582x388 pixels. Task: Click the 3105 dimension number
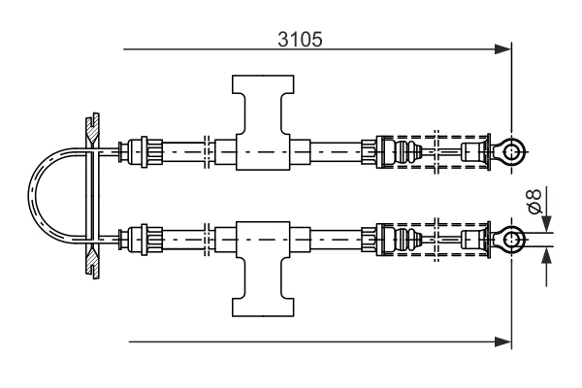click(x=301, y=40)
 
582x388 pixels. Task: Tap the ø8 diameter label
click(x=534, y=201)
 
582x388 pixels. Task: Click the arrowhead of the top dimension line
click(x=502, y=49)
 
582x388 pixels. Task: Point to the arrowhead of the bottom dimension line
click(x=502, y=342)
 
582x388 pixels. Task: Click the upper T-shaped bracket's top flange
click(x=263, y=84)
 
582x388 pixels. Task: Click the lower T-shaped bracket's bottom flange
click(x=263, y=307)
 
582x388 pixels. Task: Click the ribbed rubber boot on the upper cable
click(x=408, y=152)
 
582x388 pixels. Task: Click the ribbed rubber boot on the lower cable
click(x=408, y=240)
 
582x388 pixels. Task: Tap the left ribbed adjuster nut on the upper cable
click(x=151, y=152)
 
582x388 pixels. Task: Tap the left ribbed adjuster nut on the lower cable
click(x=151, y=240)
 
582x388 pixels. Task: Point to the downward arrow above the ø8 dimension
click(x=546, y=223)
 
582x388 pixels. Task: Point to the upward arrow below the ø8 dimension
click(x=546, y=255)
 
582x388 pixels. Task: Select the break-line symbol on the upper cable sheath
click(x=208, y=152)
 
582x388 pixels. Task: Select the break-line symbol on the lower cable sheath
click(x=208, y=240)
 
